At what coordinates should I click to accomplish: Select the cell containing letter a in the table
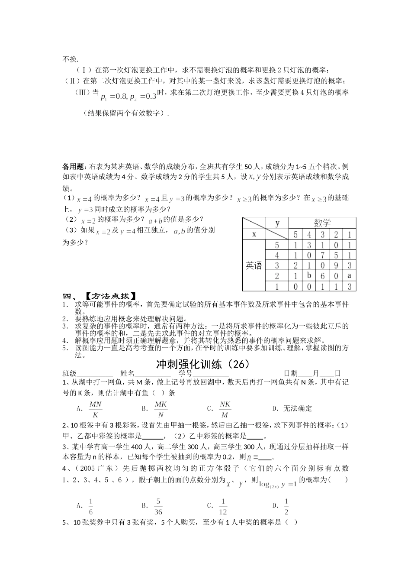coord(349,275)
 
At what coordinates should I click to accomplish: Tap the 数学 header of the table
coord(322,223)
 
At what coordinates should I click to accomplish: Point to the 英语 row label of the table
coord(254,265)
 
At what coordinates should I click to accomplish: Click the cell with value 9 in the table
coord(336,265)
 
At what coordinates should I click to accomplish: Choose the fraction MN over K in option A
coord(95,408)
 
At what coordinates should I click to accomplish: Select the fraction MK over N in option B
coord(161,408)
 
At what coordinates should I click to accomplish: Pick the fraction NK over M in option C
coord(225,408)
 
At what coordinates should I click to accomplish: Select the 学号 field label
coord(186,374)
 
